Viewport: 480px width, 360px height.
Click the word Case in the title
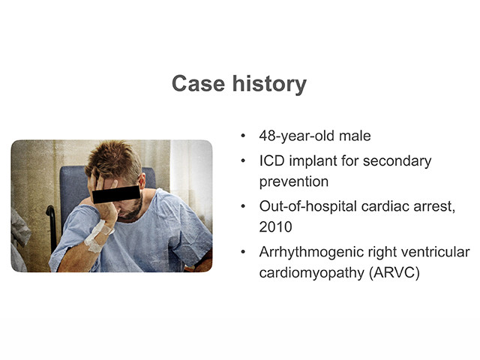point(198,83)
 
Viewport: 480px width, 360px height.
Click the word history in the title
point(269,84)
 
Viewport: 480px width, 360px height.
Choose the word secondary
point(397,162)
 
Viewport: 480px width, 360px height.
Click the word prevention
point(294,181)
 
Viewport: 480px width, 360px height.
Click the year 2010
point(275,227)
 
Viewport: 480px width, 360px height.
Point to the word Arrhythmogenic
point(311,253)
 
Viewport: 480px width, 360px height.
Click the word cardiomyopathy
point(312,273)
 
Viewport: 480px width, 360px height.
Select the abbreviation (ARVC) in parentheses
point(394,273)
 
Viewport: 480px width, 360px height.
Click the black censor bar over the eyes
point(116,194)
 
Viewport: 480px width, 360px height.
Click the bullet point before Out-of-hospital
point(243,207)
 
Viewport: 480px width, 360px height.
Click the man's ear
point(142,181)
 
